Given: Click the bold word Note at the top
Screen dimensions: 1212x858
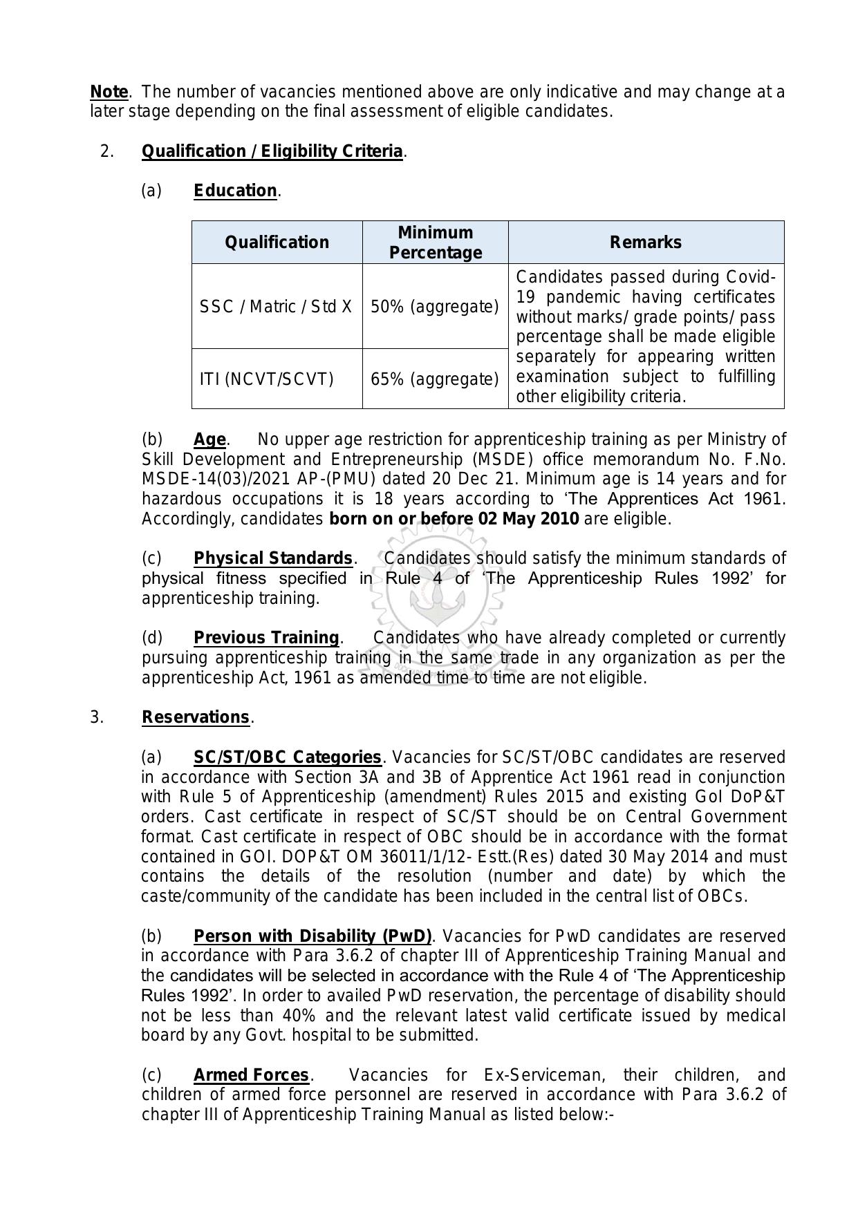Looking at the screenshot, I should (109, 92).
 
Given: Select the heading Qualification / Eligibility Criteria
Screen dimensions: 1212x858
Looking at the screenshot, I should (272, 151).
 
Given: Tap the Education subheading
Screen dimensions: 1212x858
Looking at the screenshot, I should (235, 191).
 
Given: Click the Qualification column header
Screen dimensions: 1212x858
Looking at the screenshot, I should (277, 243).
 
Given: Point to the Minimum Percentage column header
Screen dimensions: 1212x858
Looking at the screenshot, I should (435, 243).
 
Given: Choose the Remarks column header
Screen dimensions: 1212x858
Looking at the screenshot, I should (646, 243).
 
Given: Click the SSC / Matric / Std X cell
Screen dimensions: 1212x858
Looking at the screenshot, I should (276, 306).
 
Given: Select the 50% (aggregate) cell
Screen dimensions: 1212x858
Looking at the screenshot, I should (435, 306).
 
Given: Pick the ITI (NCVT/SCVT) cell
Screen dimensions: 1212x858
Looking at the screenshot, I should (267, 379).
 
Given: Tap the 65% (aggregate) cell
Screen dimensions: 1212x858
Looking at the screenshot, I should (435, 379).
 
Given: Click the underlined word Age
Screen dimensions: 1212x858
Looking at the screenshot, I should (209, 439).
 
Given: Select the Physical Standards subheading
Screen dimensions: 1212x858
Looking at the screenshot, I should (273, 558).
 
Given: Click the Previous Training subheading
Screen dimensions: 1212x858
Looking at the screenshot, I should (266, 638).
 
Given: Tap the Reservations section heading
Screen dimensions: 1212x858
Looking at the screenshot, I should (195, 717).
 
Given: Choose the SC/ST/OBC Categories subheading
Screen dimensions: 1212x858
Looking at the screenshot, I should (287, 757).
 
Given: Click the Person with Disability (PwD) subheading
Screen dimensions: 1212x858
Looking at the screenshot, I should (313, 936).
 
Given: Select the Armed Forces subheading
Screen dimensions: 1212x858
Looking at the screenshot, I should (251, 1075).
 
